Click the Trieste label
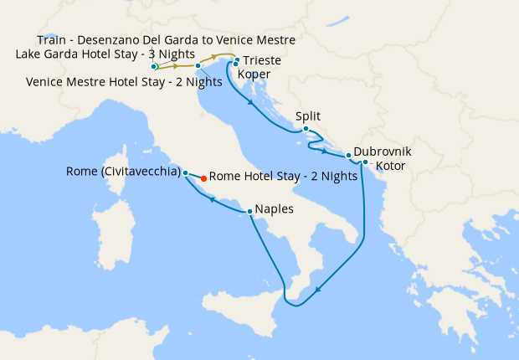point(263,61)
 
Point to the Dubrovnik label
point(383,153)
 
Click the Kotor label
point(391,167)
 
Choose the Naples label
point(275,209)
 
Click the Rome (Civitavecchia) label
point(123,172)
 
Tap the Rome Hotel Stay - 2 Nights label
point(283,177)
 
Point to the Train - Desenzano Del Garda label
point(167,40)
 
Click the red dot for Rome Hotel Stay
point(204,177)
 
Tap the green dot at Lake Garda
point(155,66)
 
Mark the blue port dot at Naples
point(250,211)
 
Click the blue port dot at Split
point(306,129)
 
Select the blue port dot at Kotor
point(365,162)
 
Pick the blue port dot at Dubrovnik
point(348,156)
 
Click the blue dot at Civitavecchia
point(185,172)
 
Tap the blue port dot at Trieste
point(238,60)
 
